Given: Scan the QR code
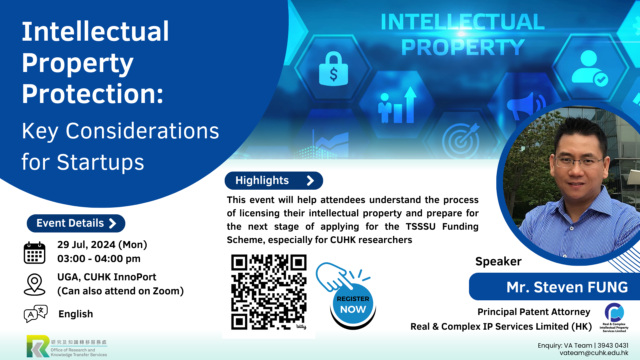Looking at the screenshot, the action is [269, 292].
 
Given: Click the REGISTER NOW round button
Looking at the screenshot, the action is [353, 305].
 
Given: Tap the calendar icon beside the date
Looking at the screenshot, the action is [34, 253].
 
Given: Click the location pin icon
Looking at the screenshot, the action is [34, 284].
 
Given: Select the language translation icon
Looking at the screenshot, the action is [36, 313].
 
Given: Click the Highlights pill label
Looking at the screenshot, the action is [274, 181].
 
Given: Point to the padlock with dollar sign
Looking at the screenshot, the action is [333, 69].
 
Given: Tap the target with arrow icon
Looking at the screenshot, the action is [461, 140].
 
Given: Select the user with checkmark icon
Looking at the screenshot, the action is [589, 68].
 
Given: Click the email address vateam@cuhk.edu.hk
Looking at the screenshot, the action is [594, 353].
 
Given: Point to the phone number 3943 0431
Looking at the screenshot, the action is [613, 345].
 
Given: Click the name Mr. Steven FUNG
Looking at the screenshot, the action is [567, 287].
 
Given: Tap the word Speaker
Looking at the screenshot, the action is [498, 262].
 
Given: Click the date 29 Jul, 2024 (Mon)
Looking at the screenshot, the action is [102, 245].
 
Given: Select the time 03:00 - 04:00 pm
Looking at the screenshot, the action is [99, 259].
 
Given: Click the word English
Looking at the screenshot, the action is [76, 314].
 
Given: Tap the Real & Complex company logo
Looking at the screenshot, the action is [614, 317].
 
